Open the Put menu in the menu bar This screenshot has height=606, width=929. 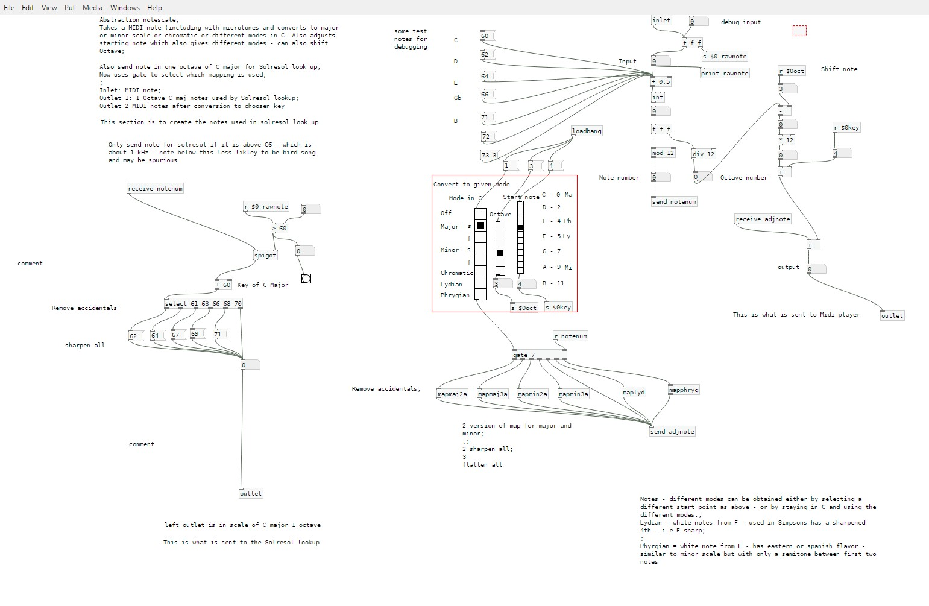[x=70, y=8]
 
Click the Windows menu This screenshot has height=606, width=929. [x=125, y=8]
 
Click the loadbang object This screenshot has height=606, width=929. [x=586, y=131]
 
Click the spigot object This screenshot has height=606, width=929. [x=265, y=256]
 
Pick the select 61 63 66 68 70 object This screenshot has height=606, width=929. [x=203, y=304]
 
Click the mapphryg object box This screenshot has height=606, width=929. [x=684, y=390]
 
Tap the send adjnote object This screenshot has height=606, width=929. [x=672, y=432]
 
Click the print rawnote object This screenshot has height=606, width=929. [x=724, y=74]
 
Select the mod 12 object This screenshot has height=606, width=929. [x=663, y=153]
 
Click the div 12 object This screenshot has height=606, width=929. [x=704, y=154]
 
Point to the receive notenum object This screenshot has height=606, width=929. [x=155, y=189]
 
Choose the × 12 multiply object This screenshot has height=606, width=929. [x=786, y=140]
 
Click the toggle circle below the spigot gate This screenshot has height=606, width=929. [x=306, y=279]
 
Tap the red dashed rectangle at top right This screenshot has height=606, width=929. [x=799, y=31]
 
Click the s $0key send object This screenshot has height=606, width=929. [x=558, y=308]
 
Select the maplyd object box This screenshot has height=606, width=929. [x=634, y=393]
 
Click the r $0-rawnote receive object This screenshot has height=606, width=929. [x=266, y=207]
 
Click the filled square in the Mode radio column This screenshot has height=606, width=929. [x=480, y=226]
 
